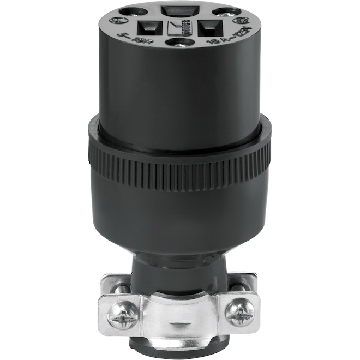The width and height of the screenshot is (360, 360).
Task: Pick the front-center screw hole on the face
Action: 179,42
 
